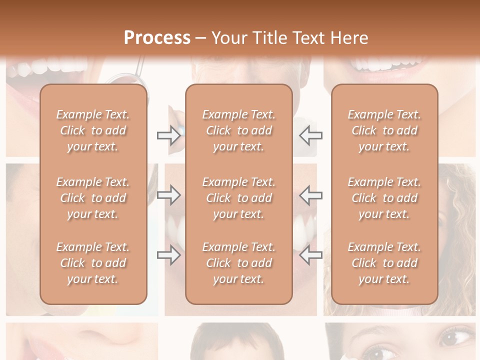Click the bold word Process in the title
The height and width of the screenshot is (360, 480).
point(157,37)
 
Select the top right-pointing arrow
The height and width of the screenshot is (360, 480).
point(168,135)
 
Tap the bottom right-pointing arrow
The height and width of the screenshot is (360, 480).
point(168,255)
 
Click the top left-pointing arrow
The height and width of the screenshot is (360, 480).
point(310,135)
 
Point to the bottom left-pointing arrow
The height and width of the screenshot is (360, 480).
point(310,255)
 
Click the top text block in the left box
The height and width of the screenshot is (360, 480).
point(93,130)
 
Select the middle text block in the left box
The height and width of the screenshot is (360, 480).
point(93,198)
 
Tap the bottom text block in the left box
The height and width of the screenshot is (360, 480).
point(93,263)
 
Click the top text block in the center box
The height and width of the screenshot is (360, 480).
point(239,130)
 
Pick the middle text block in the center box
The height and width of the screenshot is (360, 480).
point(239,198)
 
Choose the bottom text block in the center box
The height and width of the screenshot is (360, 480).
point(239,263)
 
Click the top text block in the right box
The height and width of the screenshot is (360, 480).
point(384,130)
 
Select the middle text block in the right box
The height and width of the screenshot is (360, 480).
point(384,198)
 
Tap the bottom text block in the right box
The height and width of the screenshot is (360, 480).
point(384,263)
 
